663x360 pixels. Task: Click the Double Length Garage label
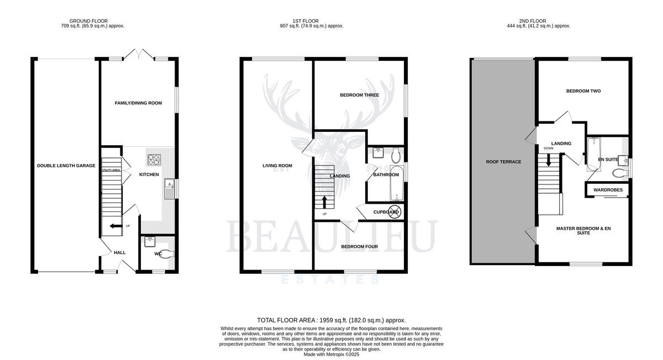pyautogui.click(x=66, y=166)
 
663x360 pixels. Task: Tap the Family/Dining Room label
pyautogui.click(x=138, y=103)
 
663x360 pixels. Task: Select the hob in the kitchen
pyautogui.click(x=154, y=160)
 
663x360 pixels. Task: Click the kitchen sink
pyautogui.click(x=168, y=189)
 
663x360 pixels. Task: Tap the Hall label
pyautogui.click(x=119, y=252)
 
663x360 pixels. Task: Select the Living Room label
pyautogui.click(x=277, y=166)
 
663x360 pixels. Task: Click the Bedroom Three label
pyautogui.click(x=359, y=95)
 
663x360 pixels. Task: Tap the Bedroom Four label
pyautogui.click(x=359, y=247)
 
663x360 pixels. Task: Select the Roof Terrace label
pyautogui.click(x=503, y=162)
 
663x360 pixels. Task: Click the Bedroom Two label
pyautogui.click(x=583, y=91)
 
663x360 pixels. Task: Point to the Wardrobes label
pyautogui.click(x=608, y=190)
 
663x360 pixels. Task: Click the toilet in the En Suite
pyautogui.click(x=618, y=173)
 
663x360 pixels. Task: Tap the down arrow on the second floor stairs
pyautogui.click(x=549, y=160)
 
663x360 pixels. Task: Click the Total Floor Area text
pyautogui.click(x=331, y=320)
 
